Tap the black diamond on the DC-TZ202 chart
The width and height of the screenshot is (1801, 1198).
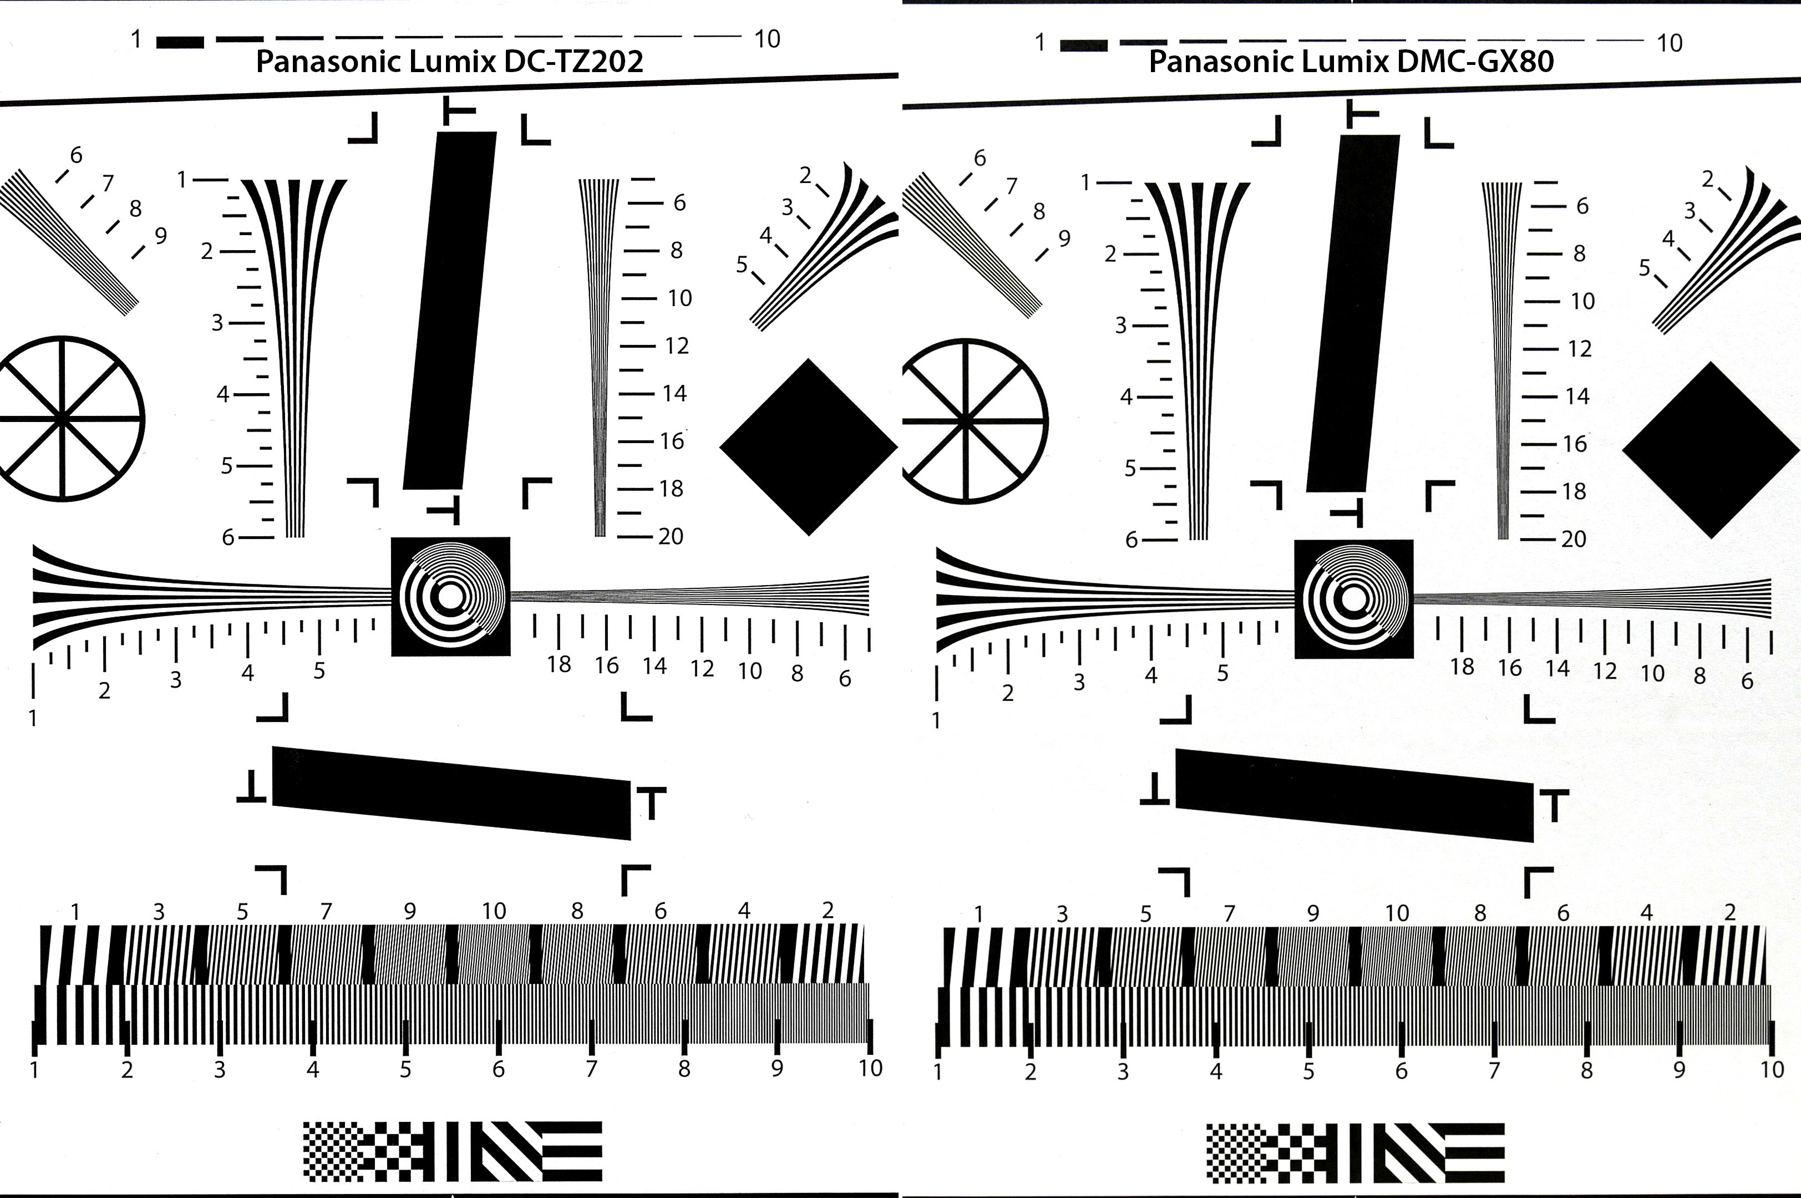click(x=808, y=447)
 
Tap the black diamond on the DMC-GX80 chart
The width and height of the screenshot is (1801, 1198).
click(x=1712, y=450)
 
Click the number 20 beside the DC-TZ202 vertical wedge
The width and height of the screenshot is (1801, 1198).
click(x=671, y=536)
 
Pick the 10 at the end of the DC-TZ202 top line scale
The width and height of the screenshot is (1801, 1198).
click(x=767, y=39)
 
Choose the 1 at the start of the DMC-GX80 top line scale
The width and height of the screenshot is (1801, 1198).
click(x=1040, y=42)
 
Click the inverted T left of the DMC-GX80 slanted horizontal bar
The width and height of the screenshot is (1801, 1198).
click(x=1155, y=789)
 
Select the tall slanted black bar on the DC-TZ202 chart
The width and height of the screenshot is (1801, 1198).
click(x=450, y=310)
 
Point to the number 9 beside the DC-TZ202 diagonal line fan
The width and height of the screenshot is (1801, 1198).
click(x=160, y=235)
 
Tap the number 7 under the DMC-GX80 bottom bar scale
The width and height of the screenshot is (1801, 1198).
click(x=1494, y=1070)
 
